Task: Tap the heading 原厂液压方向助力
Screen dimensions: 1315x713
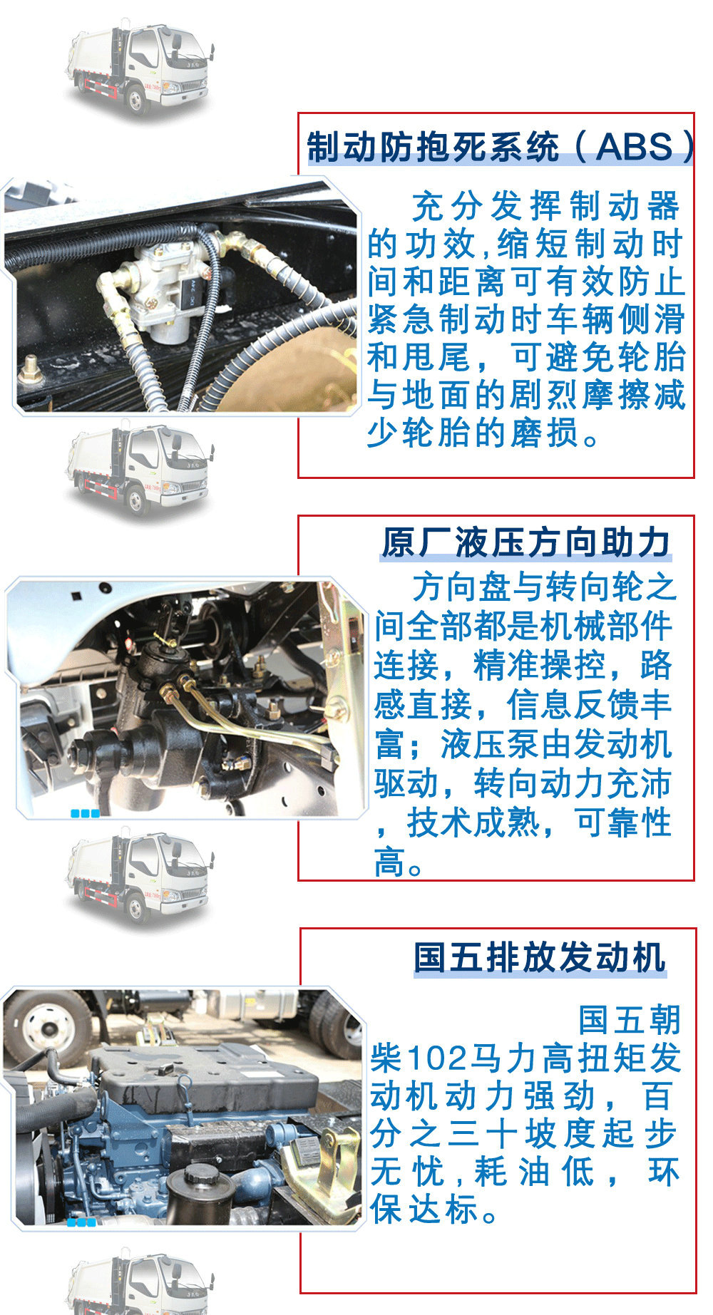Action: (x=525, y=543)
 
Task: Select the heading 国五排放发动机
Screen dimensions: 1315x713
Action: (x=540, y=957)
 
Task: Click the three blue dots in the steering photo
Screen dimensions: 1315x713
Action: (x=85, y=813)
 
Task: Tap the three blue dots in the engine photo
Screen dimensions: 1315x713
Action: (x=81, y=1222)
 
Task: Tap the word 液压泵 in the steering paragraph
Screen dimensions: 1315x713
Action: (x=490, y=745)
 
